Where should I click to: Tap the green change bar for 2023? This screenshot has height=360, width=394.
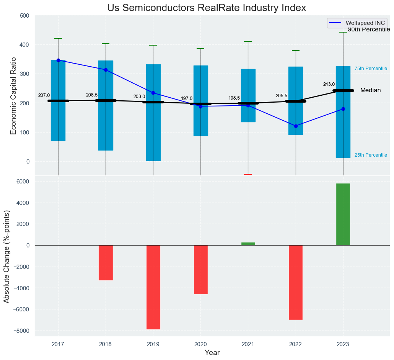coord(343,214)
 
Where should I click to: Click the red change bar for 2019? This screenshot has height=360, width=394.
coord(153,287)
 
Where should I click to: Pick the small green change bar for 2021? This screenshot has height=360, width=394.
coord(248,244)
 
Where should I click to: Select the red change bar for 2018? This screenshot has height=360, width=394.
coord(106,263)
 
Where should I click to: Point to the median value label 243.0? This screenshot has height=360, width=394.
coord(329,84)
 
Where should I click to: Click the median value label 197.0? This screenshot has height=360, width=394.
coord(187,98)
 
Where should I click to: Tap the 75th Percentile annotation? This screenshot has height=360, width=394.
coord(371,69)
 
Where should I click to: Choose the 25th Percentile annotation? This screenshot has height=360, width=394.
coord(371,155)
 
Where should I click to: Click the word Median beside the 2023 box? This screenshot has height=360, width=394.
coord(370,90)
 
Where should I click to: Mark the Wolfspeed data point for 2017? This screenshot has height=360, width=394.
coord(58,60)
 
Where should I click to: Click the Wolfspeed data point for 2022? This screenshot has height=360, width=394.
coord(296,126)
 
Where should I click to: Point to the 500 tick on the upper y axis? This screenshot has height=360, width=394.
coord(24,16)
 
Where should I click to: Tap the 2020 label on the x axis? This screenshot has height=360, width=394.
coord(200,345)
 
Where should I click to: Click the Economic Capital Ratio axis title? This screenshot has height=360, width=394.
coord(13,96)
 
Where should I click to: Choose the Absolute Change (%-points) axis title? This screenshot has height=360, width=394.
coord(7,257)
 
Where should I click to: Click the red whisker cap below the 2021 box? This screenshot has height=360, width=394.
coord(248,174)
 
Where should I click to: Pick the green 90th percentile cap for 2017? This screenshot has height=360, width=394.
coord(58,38)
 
